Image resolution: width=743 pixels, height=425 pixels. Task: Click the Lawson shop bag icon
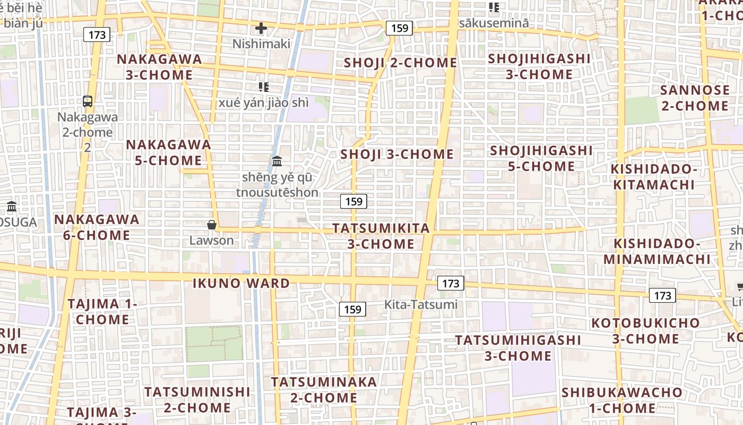pyautogui.click(x=212, y=225)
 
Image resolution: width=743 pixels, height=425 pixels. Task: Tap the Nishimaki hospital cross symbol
pyautogui.click(x=261, y=28)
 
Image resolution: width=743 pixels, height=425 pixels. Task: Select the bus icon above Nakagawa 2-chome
pyautogui.click(x=88, y=101)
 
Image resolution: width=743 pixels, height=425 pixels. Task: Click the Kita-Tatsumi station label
pyautogui.click(x=420, y=304)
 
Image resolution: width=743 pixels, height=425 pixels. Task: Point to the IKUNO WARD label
pyautogui.click(x=241, y=283)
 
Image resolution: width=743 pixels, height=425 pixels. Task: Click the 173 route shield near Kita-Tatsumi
pyautogui.click(x=451, y=283)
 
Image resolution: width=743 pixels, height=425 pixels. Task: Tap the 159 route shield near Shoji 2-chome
pyautogui.click(x=399, y=28)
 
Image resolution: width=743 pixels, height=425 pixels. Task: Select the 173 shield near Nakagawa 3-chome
pyautogui.click(x=97, y=35)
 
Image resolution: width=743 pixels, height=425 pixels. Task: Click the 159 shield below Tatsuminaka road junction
pyautogui.click(x=352, y=309)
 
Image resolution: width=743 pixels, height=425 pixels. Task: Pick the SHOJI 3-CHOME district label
pyautogui.click(x=396, y=155)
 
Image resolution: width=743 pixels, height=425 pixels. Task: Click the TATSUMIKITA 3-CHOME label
pyautogui.click(x=381, y=236)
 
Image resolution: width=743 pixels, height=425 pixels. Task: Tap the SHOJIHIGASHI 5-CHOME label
pyautogui.click(x=541, y=158)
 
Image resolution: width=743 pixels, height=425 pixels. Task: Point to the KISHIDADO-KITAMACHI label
pyautogui.click(x=653, y=177)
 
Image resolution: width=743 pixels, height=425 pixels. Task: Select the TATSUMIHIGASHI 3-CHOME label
pyautogui.click(x=517, y=347)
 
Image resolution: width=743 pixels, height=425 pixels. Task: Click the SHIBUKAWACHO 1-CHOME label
pyautogui.click(x=622, y=400)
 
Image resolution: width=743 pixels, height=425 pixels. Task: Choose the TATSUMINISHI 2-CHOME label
pyautogui.click(x=197, y=399)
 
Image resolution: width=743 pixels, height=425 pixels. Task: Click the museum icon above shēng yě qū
pyautogui.click(x=277, y=161)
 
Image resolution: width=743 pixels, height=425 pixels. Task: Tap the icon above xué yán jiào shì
pyautogui.click(x=264, y=87)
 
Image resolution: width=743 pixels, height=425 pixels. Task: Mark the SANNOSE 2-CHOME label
pyautogui.click(x=695, y=98)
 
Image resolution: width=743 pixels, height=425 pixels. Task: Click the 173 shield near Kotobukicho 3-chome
pyautogui.click(x=662, y=295)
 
